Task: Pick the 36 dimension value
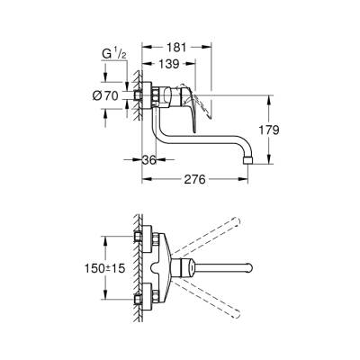[156, 160]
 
